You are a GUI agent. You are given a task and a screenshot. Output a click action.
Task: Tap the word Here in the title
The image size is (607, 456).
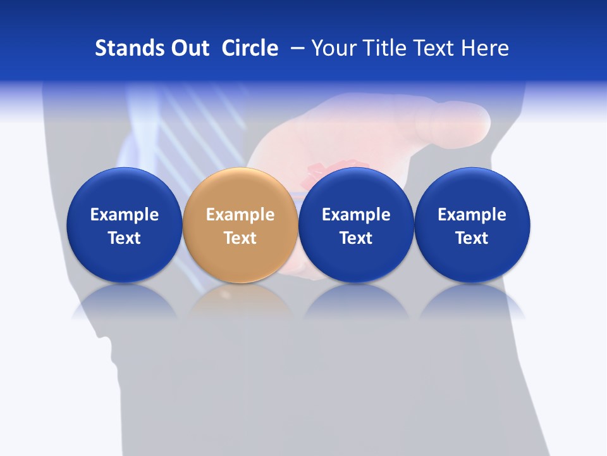(486, 48)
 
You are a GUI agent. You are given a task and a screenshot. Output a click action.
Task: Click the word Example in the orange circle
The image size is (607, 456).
(240, 215)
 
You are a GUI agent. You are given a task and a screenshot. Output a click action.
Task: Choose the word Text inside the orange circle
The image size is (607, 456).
(240, 238)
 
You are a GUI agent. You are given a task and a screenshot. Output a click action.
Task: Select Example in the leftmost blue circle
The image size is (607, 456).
(125, 215)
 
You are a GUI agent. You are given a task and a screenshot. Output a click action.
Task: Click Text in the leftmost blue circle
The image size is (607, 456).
(125, 238)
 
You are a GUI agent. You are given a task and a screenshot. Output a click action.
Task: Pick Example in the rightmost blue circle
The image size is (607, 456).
(472, 215)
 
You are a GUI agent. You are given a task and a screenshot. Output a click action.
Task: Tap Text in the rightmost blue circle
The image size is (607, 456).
(472, 238)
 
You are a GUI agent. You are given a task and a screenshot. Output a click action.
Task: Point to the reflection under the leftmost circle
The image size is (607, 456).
(125, 302)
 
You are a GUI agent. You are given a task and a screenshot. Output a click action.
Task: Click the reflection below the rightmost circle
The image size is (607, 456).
(472, 302)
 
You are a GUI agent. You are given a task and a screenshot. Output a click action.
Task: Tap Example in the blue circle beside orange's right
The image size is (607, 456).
(356, 215)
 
